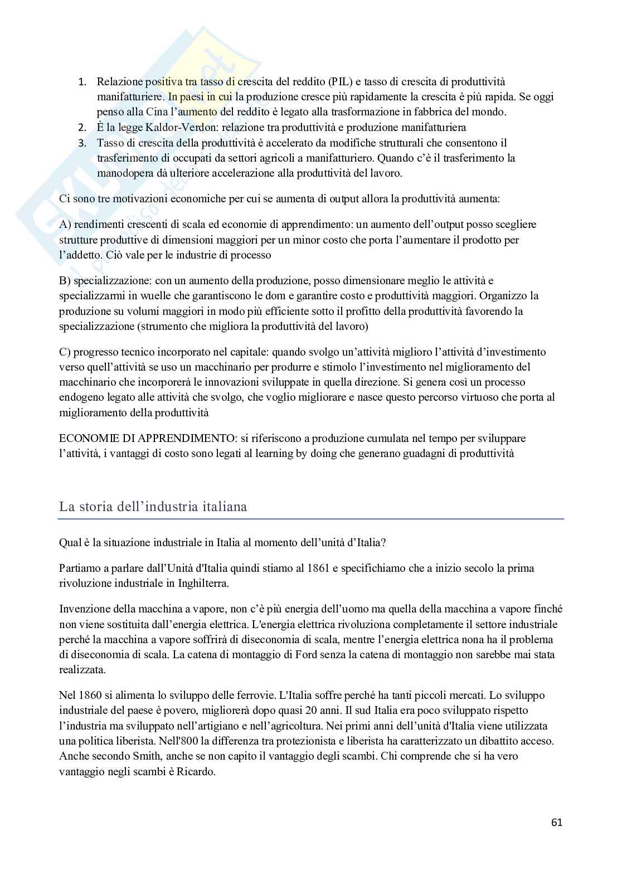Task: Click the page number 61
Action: [556, 822]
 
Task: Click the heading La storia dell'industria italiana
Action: [153, 507]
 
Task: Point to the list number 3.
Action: [82, 143]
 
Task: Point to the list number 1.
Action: [82, 82]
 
